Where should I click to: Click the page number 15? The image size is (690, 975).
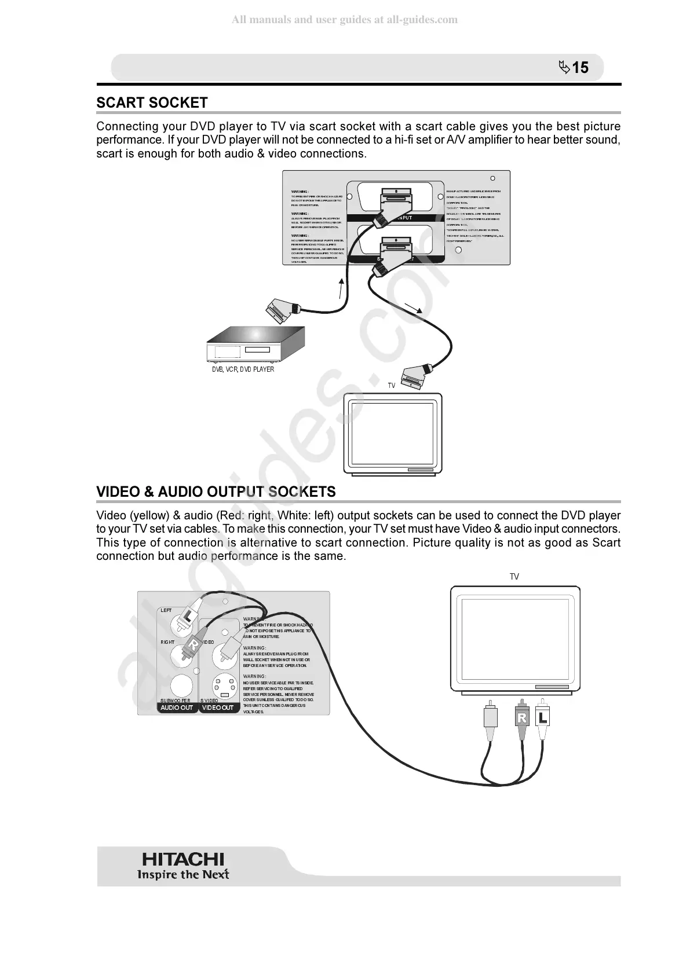(x=580, y=68)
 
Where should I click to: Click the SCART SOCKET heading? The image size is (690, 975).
(x=152, y=103)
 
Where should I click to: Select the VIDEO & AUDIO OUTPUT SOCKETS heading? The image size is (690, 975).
(x=216, y=492)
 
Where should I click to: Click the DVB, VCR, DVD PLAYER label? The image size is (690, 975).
(x=243, y=369)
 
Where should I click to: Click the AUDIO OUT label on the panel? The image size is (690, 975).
(x=177, y=708)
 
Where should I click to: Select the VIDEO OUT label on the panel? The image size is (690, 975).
(x=218, y=708)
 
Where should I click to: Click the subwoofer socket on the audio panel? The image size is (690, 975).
(x=181, y=687)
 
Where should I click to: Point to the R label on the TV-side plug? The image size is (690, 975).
(x=521, y=719)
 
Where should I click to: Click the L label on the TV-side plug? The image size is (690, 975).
(x=542, y=718)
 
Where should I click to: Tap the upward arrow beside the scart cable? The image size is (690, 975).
(x=341, y=288)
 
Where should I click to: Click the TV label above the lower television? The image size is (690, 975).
(x=514, y=577)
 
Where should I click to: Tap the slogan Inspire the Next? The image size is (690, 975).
(x=183, y=874)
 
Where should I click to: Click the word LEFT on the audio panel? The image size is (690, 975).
(x=166, y=610)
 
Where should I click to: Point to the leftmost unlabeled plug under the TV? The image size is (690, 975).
(x=490, y=720)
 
